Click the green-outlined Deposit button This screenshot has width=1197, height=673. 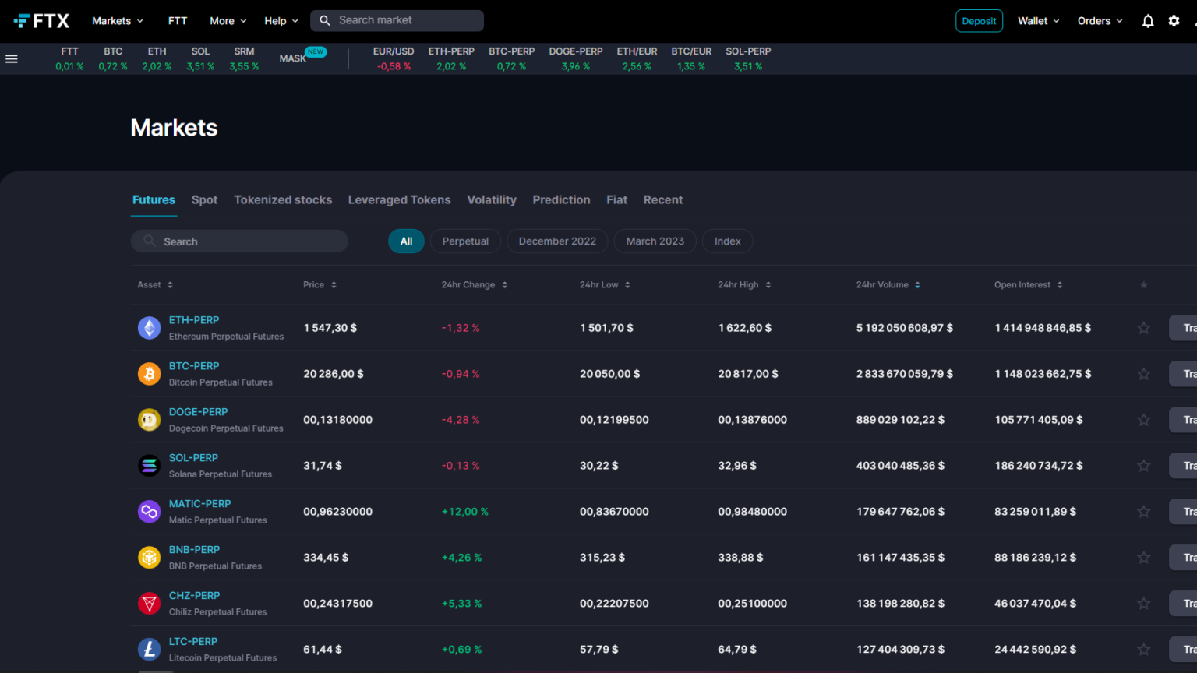click(979, 21)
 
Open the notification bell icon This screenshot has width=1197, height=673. click(1148, 21)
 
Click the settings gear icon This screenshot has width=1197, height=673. click(1174, 21)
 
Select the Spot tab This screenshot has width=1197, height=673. click(204, 200)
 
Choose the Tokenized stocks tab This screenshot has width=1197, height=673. click(283, 200)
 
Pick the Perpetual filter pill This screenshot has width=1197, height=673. click(465, 241)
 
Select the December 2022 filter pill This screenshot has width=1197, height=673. click(557, 241)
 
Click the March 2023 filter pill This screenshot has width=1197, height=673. click(655, 241)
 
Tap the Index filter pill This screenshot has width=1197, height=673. click(727, 241)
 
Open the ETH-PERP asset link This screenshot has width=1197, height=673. click(194, 320)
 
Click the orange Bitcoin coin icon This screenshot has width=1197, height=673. click(149, 374)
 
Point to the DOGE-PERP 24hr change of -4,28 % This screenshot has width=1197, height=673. click(461, 420)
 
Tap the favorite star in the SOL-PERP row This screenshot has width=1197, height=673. click(1143, 466)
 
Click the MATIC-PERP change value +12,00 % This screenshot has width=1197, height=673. click(464, 512)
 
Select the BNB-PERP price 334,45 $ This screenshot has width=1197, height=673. click(326, 558)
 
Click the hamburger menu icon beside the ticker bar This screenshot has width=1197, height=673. click(12, 58)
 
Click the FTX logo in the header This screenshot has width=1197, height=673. click(42, 21)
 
